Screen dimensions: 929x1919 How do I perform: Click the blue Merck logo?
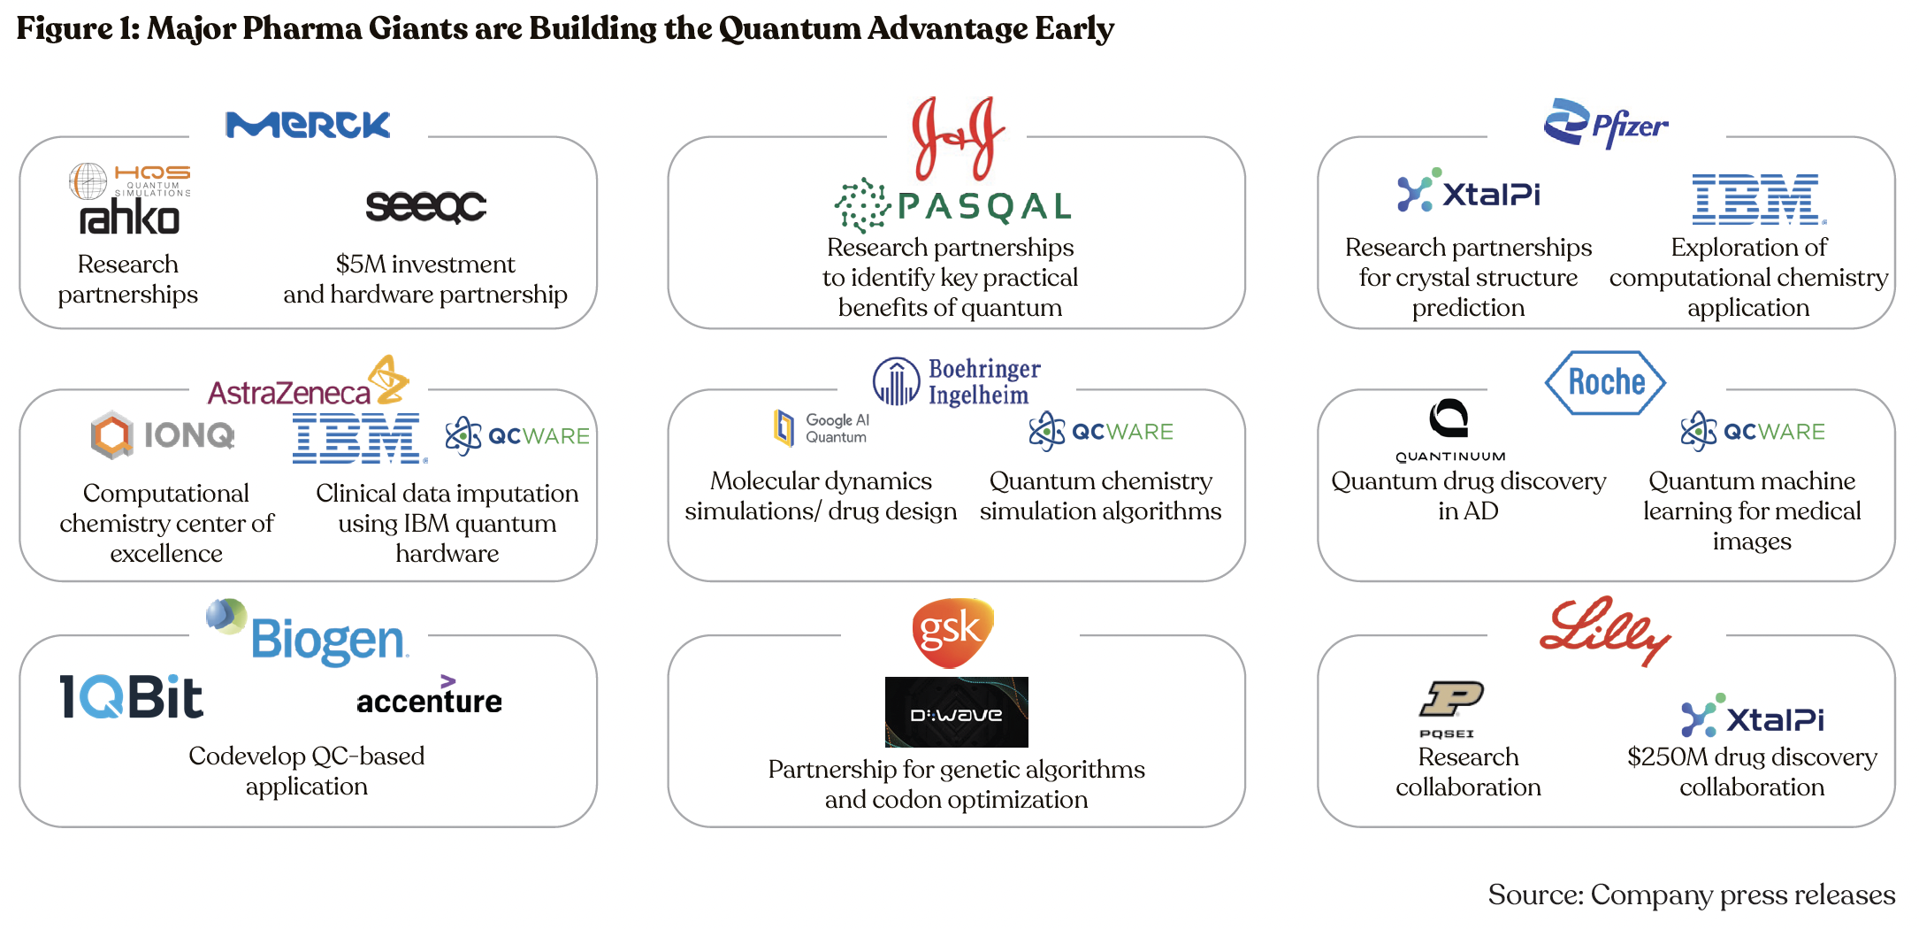pyautogui.click(x=307, y=125)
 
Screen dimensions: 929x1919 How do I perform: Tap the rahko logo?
pyautogui.click(x=129, y=218)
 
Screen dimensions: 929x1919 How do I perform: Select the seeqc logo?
pyautogui.click(x=425, y=206)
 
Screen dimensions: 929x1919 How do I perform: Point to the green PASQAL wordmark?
pyautogui.click(x=983, y=207)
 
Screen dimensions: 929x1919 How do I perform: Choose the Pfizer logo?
pyautogui.click(x=1606, y=124)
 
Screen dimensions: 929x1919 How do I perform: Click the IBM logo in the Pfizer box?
pyautogui.click(x=1758, y=199)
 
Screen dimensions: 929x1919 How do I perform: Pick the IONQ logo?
pyautogui.click(x=164, y=434)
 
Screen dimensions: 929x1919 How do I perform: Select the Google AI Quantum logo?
pyautogui.click(x=822, y=428)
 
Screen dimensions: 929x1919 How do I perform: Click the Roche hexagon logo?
pyautogui.click(x=1606, y=382)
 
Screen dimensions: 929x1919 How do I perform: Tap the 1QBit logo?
pyautogui.click(x=131, y=696)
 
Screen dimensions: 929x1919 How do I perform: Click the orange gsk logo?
pyautogui.click(x=952, y=632)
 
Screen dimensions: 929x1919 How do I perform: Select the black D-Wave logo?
pyautogui.click(x=956, y=712)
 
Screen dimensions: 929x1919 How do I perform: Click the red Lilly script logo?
pyautogui.click(x=1604, y=630)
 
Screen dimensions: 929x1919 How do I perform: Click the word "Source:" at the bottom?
pyautogui.click(x=1535, y=895)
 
